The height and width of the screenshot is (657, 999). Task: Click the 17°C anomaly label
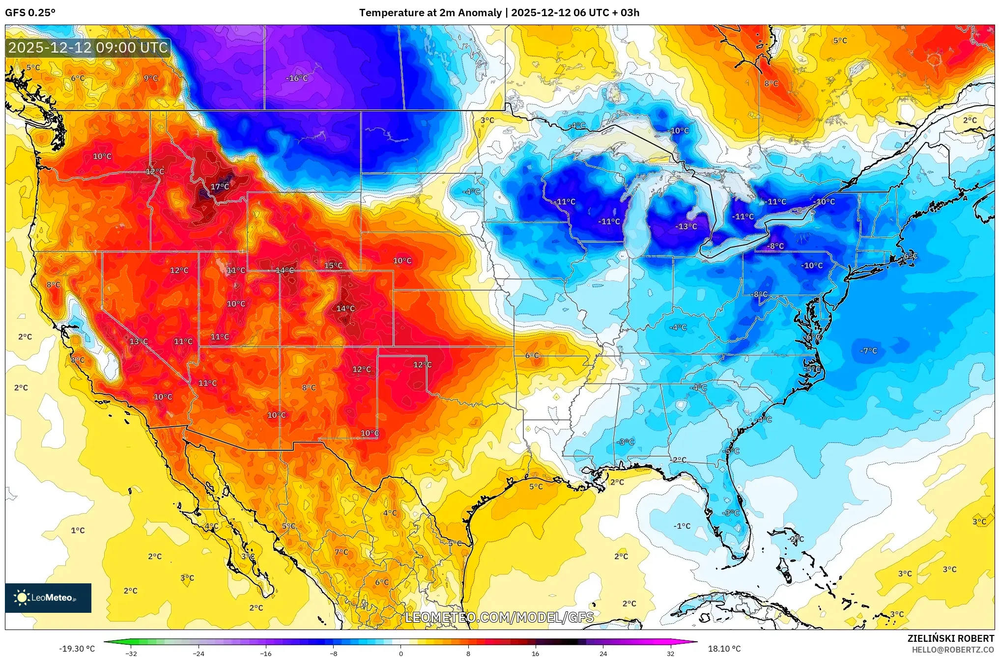(x=220, y=187)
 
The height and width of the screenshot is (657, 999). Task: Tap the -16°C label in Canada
(x=297, y=78)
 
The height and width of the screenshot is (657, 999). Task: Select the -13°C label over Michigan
(x=686, y=226)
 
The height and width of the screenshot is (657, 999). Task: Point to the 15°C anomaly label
(x=333, y=266)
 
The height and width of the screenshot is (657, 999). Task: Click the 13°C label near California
(x=139, y=342)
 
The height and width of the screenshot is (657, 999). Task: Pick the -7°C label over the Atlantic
(x=868, y=351)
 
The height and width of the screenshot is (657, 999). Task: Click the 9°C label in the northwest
(x=151, y=78)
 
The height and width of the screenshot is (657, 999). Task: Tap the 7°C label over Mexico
(x=342, y=552)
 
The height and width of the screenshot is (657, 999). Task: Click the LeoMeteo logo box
(x=48, y=598)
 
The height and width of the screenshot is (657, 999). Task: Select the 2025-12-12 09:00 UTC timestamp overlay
(x=88, y=48)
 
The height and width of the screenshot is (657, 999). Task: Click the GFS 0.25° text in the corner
(x=30, y=13)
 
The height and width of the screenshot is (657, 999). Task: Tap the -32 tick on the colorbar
(x=131, y=653)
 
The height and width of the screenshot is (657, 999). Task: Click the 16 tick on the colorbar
(x=535, y=653)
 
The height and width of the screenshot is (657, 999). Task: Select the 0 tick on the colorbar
(x=400, y=653)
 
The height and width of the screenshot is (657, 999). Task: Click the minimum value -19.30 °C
(x=77, y=649)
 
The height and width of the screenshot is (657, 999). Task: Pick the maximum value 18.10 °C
(x=724, y=649)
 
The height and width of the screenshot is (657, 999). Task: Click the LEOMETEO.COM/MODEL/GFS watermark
(x=499, y=617)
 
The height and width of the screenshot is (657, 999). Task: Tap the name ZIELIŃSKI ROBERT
(x=950, y=638)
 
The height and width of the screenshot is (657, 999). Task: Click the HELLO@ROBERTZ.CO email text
(x=953, y=650)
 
